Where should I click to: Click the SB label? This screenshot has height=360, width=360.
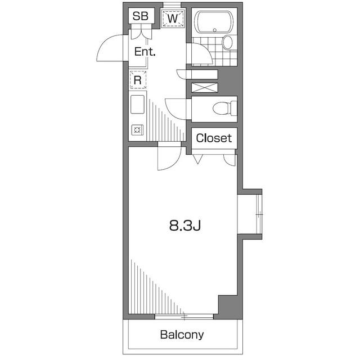click(140, 17)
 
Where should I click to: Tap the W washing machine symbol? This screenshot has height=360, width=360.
click(174, 18)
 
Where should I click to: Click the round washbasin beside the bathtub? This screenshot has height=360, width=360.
click(227, 42)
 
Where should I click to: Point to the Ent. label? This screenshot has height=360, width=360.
click(145, 52)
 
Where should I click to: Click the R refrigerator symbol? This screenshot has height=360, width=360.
click(137, 80)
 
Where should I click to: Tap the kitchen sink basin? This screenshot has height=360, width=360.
click(138, 105)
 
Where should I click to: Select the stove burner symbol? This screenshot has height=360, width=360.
click(137, 130)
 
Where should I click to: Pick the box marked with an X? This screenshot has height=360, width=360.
click(204, 88)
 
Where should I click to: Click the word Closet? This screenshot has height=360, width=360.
click(213, 138)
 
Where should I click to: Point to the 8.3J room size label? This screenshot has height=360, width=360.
click(185, 226)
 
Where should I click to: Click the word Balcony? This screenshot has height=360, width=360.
click(182, 335)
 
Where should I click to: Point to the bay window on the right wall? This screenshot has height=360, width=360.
click(251, 214)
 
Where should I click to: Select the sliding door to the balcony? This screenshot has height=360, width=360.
click(184, 316)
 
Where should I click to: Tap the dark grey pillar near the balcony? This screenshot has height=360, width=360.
click(227, 305)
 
